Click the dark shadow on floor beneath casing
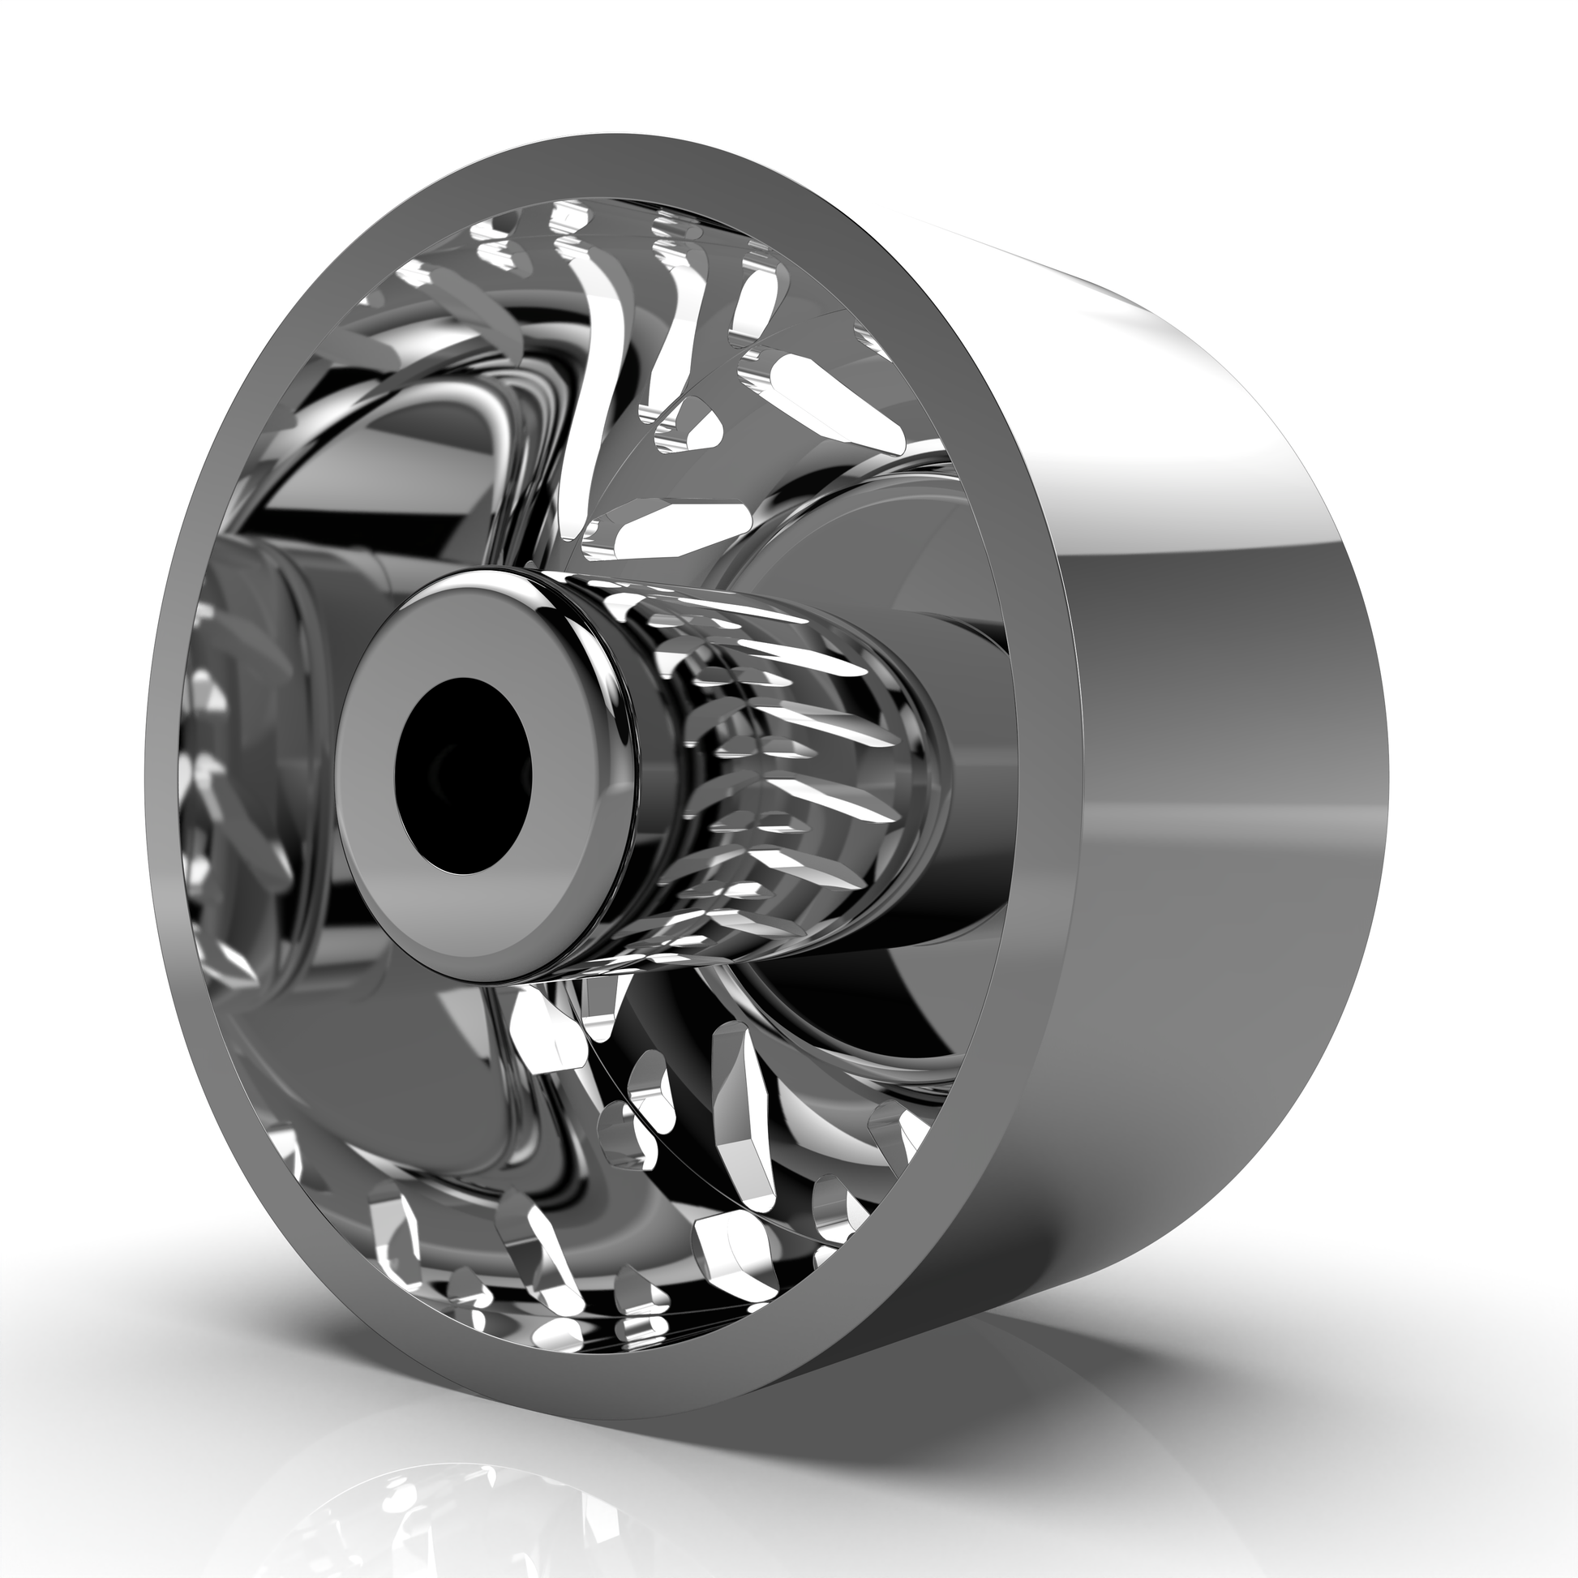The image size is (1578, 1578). pos(939,1388)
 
